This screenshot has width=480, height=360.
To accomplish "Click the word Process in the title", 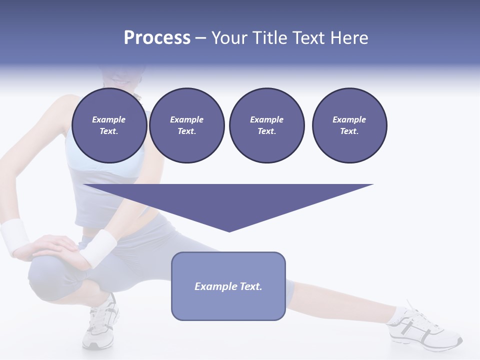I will coord(157,38).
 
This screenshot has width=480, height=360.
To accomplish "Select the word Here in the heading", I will coord(348,38).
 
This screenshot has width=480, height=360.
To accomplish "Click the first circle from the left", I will coord(109,125).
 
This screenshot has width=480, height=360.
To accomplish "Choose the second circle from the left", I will coord(186,125).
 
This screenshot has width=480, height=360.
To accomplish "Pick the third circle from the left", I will coord(266,125).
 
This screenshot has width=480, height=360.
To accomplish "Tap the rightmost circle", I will coord(349,125).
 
